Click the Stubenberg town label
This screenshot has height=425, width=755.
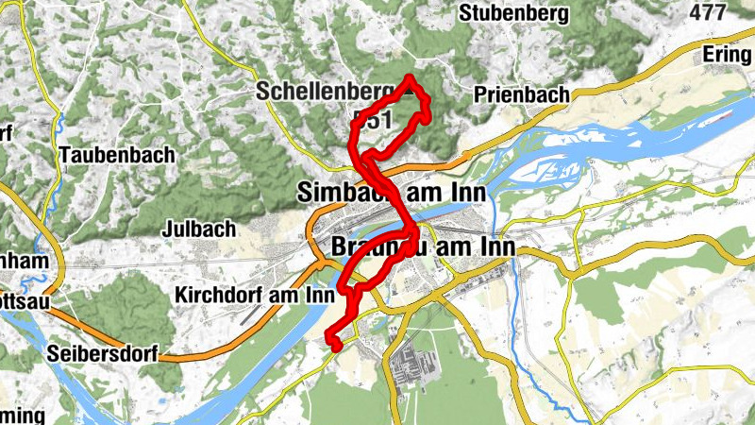[x=514, y=13]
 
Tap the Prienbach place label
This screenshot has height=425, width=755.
[x=522, y=94]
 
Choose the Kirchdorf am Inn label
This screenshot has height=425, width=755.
[x=256, y=295]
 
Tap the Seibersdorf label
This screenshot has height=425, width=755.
[x=101, y=354]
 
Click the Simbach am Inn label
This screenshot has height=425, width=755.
[x=391, y=192]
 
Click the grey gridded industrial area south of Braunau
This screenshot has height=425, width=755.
[x=411, y=364]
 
